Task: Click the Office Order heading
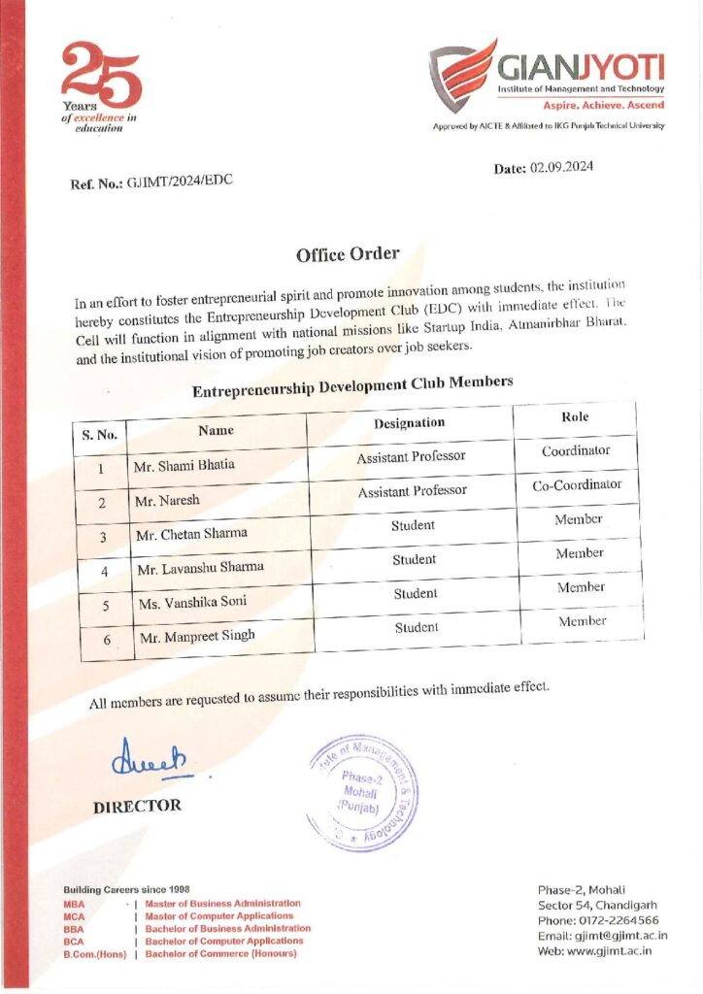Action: [x=347, y=254]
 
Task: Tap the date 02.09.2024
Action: [x=560, y=167]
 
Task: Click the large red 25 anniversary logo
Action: [x=100, y=78]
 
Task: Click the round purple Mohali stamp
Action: [x=360, y=792]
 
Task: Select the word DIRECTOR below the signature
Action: [x=137, y=806]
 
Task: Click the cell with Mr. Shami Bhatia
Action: [x=184, y=465]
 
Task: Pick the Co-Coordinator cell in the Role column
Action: [x=577, y=485]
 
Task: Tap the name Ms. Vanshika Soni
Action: [x=191, y=602]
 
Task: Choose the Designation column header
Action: [x=409, y=422]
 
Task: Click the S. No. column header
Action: [x=100, y=435]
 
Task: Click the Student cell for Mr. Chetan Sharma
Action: [x=414, y=525]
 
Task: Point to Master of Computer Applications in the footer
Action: [x=219, y=915]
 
